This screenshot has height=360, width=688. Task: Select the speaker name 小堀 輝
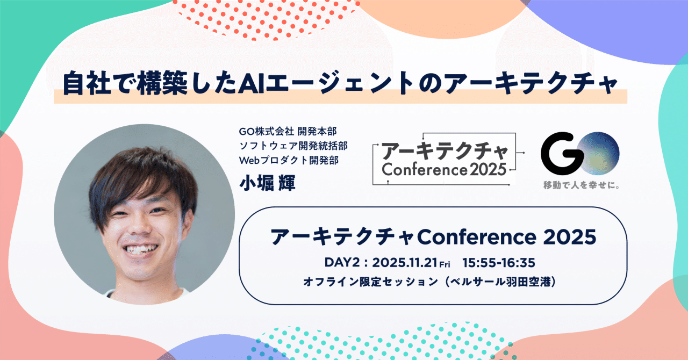pos(268,182)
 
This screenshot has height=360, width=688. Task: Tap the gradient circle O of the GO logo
pos(597,153)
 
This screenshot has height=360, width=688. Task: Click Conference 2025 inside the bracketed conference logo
pos(444,170)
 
